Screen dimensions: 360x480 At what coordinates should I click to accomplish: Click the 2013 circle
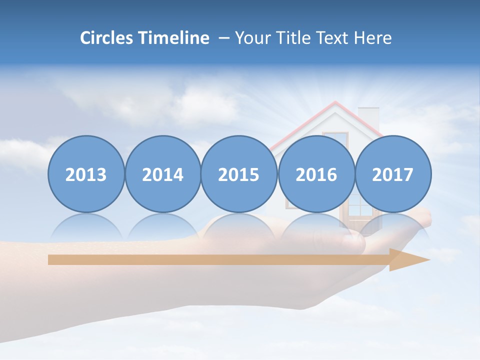(86, 174)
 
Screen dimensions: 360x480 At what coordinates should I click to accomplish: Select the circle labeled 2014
(162, 174)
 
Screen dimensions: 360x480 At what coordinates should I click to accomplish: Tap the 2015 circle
(239, 174)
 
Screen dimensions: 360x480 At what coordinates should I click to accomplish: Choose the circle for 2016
(316, 174)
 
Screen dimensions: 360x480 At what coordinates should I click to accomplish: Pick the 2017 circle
(393, 174)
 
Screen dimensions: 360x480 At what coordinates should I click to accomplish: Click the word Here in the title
(373, 38)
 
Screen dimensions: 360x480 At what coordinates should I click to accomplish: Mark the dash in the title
(224, 38)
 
